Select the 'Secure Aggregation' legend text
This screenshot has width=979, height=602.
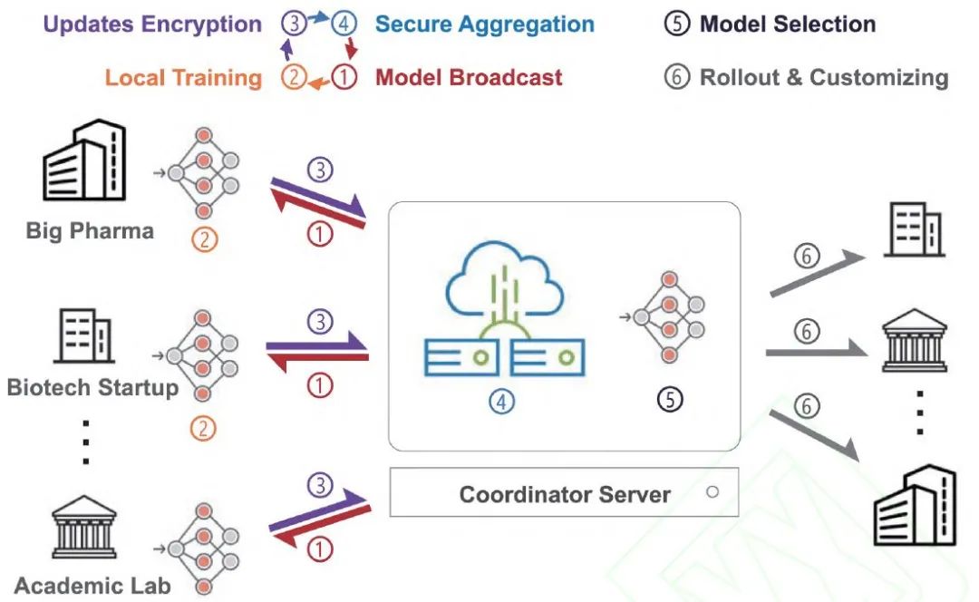(484, 24)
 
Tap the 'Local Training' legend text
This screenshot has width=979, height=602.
(183, 78)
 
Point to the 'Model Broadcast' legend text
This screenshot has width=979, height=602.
(469, 78)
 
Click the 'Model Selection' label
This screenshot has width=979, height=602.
(786, 24)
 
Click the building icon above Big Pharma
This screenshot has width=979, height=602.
(84, 162)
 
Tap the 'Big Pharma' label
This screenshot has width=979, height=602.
(90, 230)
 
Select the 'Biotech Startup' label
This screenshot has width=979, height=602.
(92, 388)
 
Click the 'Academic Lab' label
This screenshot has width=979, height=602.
(92, 587)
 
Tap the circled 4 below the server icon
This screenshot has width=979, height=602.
(502, 400)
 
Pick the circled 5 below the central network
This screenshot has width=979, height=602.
(669, 400)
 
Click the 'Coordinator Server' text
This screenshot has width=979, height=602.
(565, 494)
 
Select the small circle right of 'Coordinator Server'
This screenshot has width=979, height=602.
(712, 492)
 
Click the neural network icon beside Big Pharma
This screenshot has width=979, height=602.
(203, 173)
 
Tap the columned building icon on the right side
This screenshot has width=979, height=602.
(915, 341)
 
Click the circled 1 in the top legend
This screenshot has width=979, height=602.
(344, 78)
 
